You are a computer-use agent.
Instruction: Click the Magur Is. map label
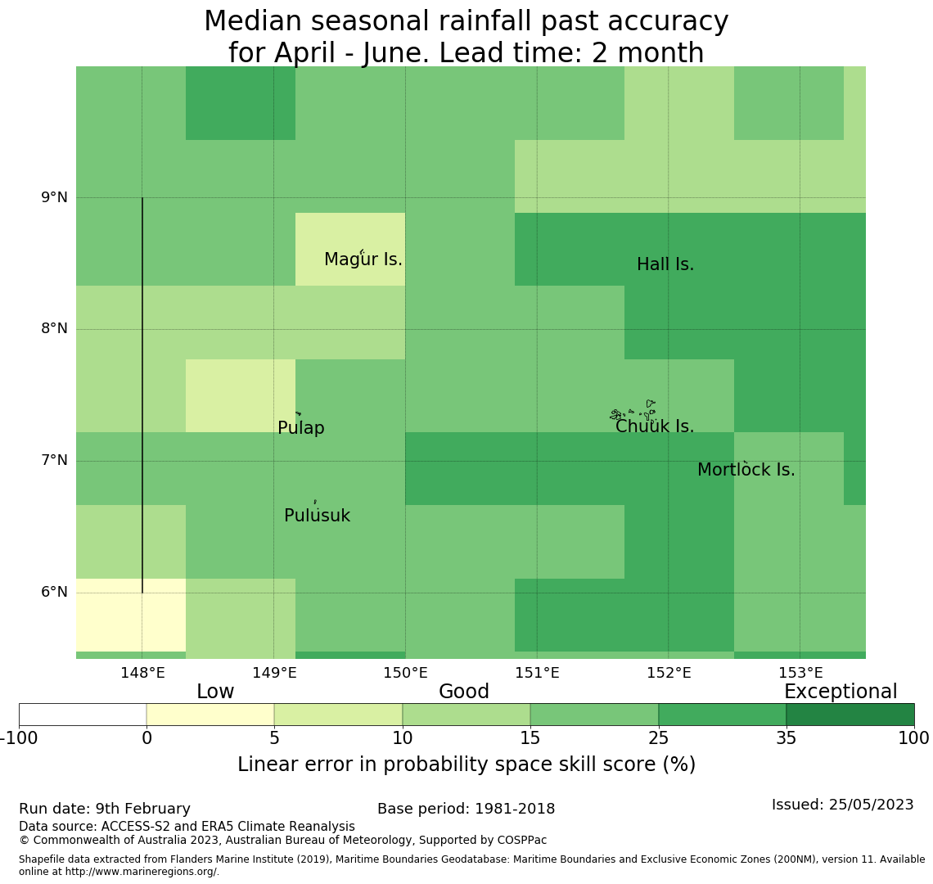pos(363,259)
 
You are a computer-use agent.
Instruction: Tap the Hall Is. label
pos(665,264)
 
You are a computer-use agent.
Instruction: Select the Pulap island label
pos(300,428)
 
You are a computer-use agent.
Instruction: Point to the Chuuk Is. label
pos(654,426)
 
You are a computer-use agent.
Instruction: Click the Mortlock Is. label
pos(746,470)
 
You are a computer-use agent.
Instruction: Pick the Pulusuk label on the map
pos(317,516)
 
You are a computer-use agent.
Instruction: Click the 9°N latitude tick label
pos(54,197)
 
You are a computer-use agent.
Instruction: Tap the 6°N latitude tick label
pos(54,592)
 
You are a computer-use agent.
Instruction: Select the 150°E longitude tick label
pos(405,673)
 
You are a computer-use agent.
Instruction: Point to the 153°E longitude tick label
pos(800,673)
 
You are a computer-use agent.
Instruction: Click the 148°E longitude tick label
pos(142,673)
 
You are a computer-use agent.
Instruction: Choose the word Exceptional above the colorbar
pos(840,692)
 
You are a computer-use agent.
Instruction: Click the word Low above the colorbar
pos(215,692)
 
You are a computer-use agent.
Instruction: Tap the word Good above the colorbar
pos(463,692)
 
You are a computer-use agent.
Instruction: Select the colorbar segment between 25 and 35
pos(722,715)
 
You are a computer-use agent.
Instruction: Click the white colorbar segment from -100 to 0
pos(83,715)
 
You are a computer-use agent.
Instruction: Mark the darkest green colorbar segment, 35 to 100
pos(850,715)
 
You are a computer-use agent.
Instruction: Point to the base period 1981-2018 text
pos(466,809)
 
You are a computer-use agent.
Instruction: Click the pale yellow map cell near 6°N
pos(131,614)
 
